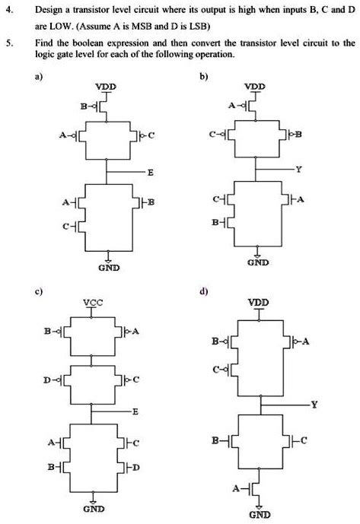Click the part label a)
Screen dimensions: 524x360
point(50,77)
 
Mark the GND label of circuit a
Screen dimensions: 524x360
point(106,268)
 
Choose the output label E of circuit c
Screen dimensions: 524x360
point(135,411)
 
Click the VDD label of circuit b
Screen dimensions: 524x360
point(257,87)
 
